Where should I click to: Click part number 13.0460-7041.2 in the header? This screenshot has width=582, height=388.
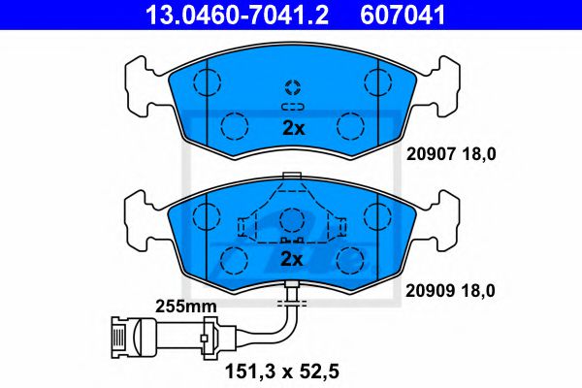pyautogui.click(x=237, y=15)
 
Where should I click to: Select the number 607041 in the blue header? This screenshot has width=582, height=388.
pyautogui.click(x=403, y=15)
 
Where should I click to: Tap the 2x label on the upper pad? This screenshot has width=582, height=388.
pyautogui.click(x=293, y=128)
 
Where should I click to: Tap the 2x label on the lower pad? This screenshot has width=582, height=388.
pyautogui.click(x=292, y=259)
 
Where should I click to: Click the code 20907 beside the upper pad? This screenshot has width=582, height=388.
pyautogui.click(x=431, y=153)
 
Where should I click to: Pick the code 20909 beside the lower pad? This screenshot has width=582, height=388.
pyautogui.click(x=430, y=290)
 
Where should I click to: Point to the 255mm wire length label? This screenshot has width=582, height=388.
pyautogui.click(x=185, y=307)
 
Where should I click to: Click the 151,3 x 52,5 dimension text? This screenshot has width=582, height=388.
pyautogui.click(x=282, y=372)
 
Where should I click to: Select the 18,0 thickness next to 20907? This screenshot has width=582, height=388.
pyautogui.click(x=479, y=154)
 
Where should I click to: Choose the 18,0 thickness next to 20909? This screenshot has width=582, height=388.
pyautogui.click(x=478, y=291)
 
